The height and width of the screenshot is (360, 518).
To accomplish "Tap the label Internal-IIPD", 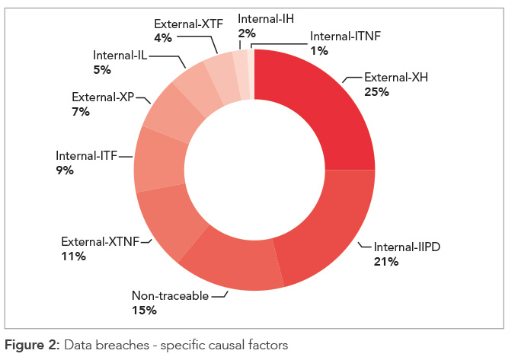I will click(x=408, y=248).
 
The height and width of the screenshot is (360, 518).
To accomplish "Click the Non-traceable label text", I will click(x=169, y=296).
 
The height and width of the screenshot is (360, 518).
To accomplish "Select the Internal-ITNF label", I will click(x=344, y=36).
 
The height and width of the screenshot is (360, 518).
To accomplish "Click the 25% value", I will click(x=377, y=92).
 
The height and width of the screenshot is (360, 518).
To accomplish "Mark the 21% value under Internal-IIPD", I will click(x=386, y=263).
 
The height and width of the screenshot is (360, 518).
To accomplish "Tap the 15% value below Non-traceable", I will click(x=144, y=311).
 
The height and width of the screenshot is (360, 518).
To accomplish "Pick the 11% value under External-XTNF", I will click(x=73, y=256).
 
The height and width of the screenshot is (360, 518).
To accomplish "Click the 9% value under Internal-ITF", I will click(x=65, y=170).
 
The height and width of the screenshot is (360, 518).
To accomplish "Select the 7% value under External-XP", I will click(x=81, y=112).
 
